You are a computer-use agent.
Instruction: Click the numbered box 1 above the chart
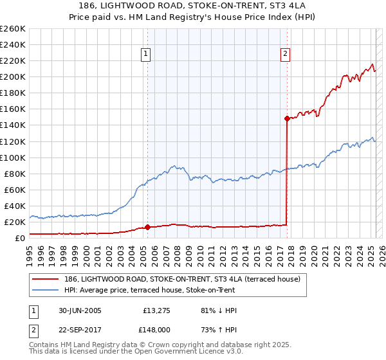point(147,55)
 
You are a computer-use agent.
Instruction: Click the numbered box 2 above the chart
point(285,55)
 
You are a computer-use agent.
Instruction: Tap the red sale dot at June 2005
point(148,227)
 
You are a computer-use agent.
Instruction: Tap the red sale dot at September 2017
point(287,118)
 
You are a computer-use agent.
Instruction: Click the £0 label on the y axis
point(20,238)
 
